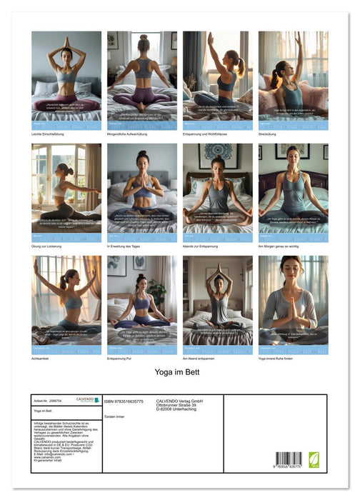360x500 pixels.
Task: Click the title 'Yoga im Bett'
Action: (x=177, y=372)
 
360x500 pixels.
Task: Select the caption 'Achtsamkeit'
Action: (x=42, y=359)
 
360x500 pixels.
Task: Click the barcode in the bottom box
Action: (x=289, y=459)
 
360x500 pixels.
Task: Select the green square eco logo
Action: (x=313, y=461)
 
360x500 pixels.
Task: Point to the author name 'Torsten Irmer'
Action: (x=115, y=416)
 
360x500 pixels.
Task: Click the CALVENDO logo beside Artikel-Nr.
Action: (x=87, y=399)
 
